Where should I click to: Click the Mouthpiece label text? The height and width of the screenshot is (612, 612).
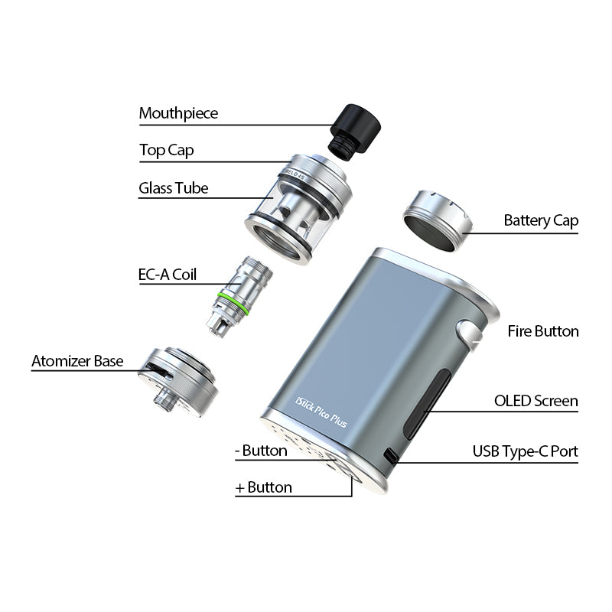pos(178,113)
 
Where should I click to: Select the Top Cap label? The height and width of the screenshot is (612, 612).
pos(166,150)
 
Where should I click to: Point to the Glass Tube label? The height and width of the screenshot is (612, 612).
pos(173,188)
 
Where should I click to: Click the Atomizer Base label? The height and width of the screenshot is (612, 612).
pos(77,361)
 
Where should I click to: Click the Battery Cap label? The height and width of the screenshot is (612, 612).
pos(541,221)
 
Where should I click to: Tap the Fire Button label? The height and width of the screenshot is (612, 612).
pos(543,331)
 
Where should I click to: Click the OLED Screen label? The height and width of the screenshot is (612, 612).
pos(535,401)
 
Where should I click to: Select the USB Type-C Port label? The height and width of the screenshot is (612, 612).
pos(525,451)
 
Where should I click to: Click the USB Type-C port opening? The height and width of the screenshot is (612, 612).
pos(391,457)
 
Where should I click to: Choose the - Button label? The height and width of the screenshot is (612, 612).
pos(261,451)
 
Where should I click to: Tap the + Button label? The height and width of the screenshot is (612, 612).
pos(264,487)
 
